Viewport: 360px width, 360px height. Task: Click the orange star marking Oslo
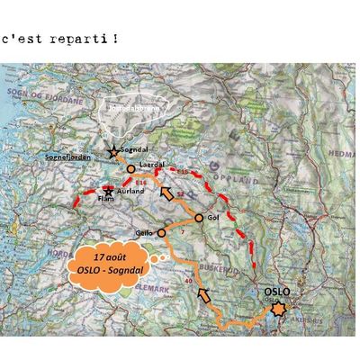(x=279, y=309)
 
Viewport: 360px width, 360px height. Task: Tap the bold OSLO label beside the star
(x=280, y=292)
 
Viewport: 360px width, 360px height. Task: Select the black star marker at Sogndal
(x=113, y=152)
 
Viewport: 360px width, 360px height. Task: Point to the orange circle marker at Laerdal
(x=131, y=168)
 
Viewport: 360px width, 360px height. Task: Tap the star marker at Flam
(x=109, y=191)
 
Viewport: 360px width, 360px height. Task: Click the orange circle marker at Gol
(x=199, y=218)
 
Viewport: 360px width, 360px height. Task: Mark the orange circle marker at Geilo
(x=162, y=232)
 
